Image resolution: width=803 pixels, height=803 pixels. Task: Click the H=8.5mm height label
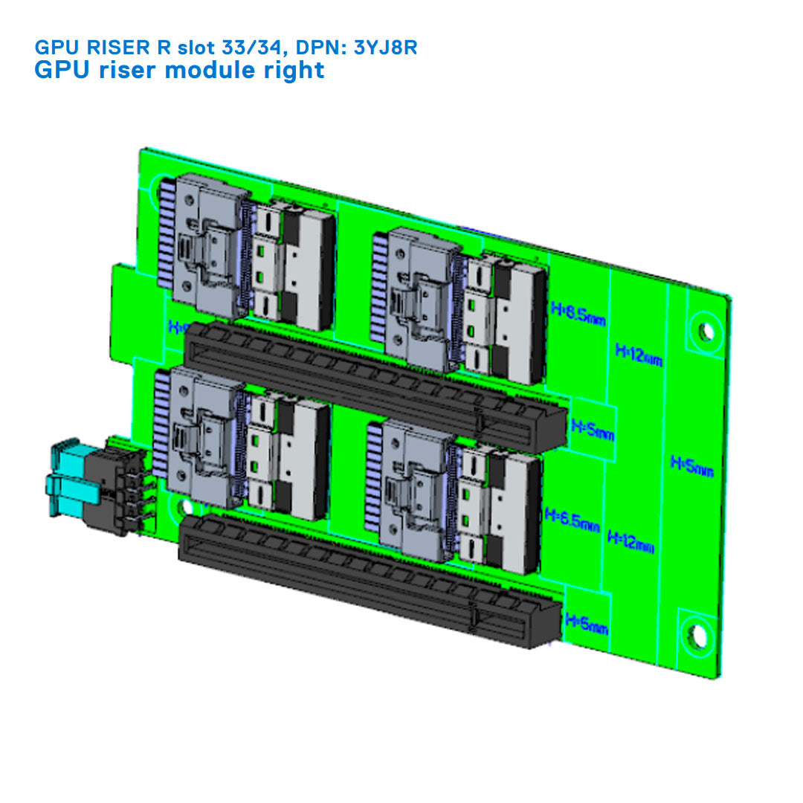[x=578, y=313]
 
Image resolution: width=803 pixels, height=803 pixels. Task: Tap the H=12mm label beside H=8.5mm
[x=639, y=355]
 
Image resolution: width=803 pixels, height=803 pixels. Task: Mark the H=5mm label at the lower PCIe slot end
[x=587, y=624]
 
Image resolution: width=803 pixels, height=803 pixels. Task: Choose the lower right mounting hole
[x=697, y=636]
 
